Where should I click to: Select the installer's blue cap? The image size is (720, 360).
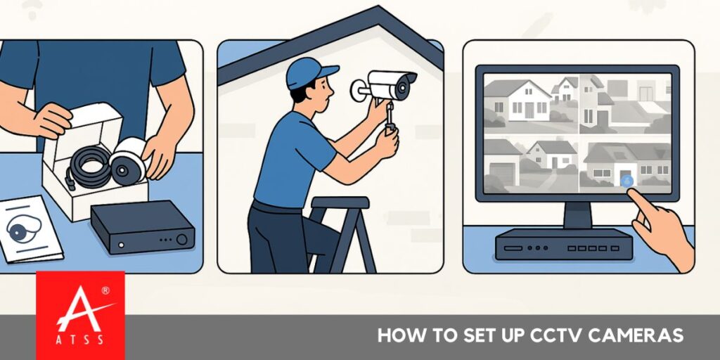pos(309,71)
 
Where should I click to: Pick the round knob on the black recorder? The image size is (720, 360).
pos(182,239)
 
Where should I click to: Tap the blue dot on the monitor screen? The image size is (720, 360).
pos(627,181)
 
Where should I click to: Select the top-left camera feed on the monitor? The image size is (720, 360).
pos(529,103)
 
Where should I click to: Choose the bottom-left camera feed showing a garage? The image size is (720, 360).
pos(529,163)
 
